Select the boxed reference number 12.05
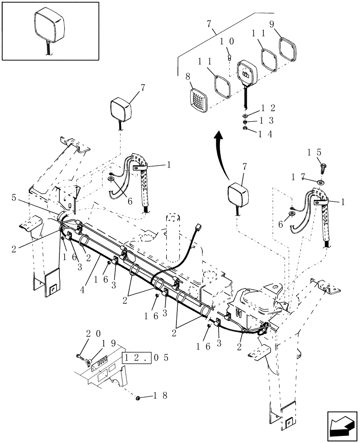coord(138,358)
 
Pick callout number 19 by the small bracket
coord(102,343)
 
